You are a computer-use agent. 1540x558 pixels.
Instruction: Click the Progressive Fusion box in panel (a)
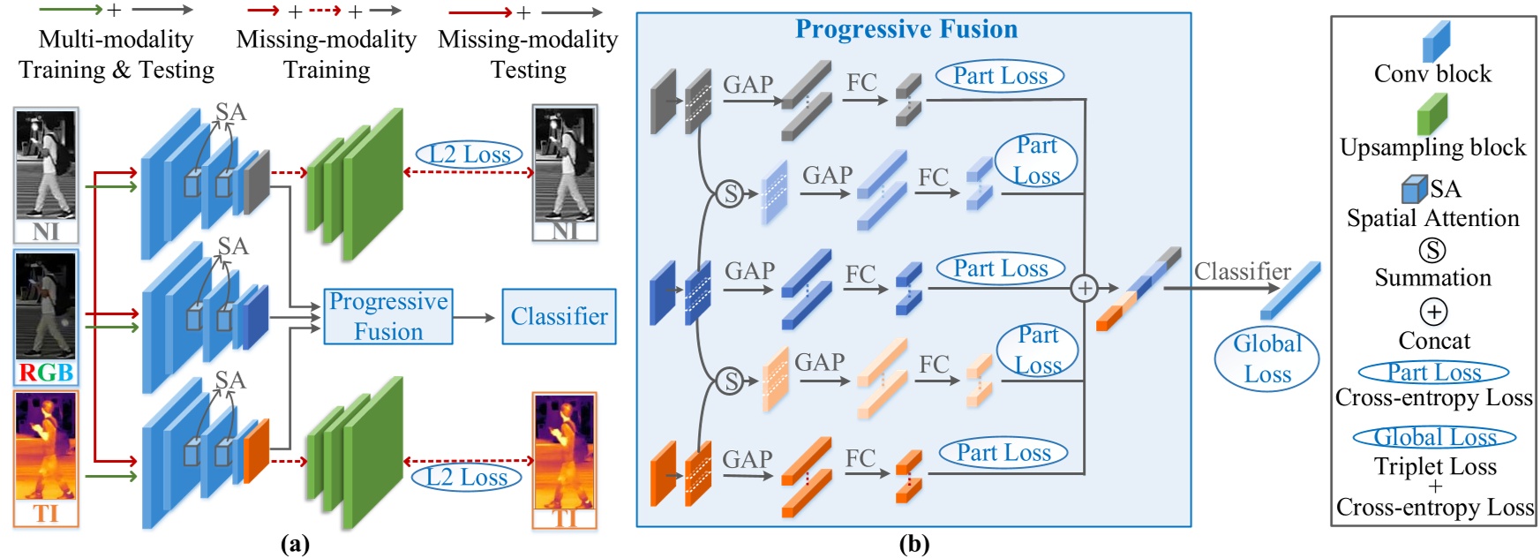pyautogui.click(x=388, y=316)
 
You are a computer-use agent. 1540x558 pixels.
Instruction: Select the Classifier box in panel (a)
pyautogui.click(x=559, y=316)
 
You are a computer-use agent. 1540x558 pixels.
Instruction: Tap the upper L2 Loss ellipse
pyautogui.click(x=469, y=155)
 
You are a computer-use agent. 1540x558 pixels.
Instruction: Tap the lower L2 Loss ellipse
pyautogui.click(x=466, y=478)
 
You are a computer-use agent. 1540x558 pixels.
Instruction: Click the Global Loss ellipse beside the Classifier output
pyautogui.click(x=1266, y=358)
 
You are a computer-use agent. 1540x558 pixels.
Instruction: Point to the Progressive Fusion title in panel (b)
pyautogui.click(x=906, y=29)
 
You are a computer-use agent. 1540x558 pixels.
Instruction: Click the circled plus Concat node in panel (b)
pyautogui.click(x=1084, y=288)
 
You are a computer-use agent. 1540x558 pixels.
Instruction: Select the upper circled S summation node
pyautogui.click(x=730, y=193)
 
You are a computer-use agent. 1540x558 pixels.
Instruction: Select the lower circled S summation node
pyautogui.click(x=730, y=381)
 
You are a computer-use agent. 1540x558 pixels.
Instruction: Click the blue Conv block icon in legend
pyautogui.click(x=1436, y=41)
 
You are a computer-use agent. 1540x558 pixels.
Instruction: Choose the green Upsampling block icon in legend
pyautogui.click(x=1431, y=113)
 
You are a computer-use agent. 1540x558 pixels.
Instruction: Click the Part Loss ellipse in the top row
pyautogui.click(x=1000, y=76)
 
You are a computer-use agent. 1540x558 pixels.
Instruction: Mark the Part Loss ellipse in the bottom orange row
pyautogui.click(x=1003, y=453)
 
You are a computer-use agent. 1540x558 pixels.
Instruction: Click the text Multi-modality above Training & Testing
pyautogui.click(x=116, y=39)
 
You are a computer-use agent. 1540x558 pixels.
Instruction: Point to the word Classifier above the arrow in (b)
pyautogui.click(x=1242, y=271)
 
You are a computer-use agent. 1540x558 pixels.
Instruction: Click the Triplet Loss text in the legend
pyautogui.click(x=1435, y=466)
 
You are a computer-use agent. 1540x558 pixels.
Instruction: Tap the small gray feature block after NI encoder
pyautogui.click(x=257, y=181)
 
